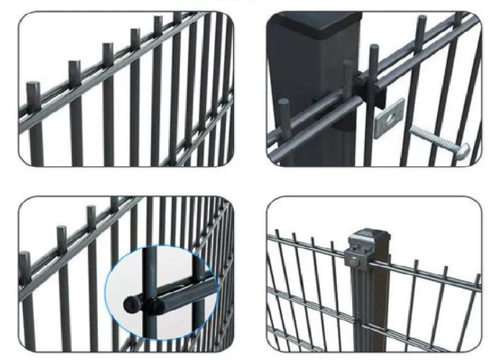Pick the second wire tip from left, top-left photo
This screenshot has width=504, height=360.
click(74, 65)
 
